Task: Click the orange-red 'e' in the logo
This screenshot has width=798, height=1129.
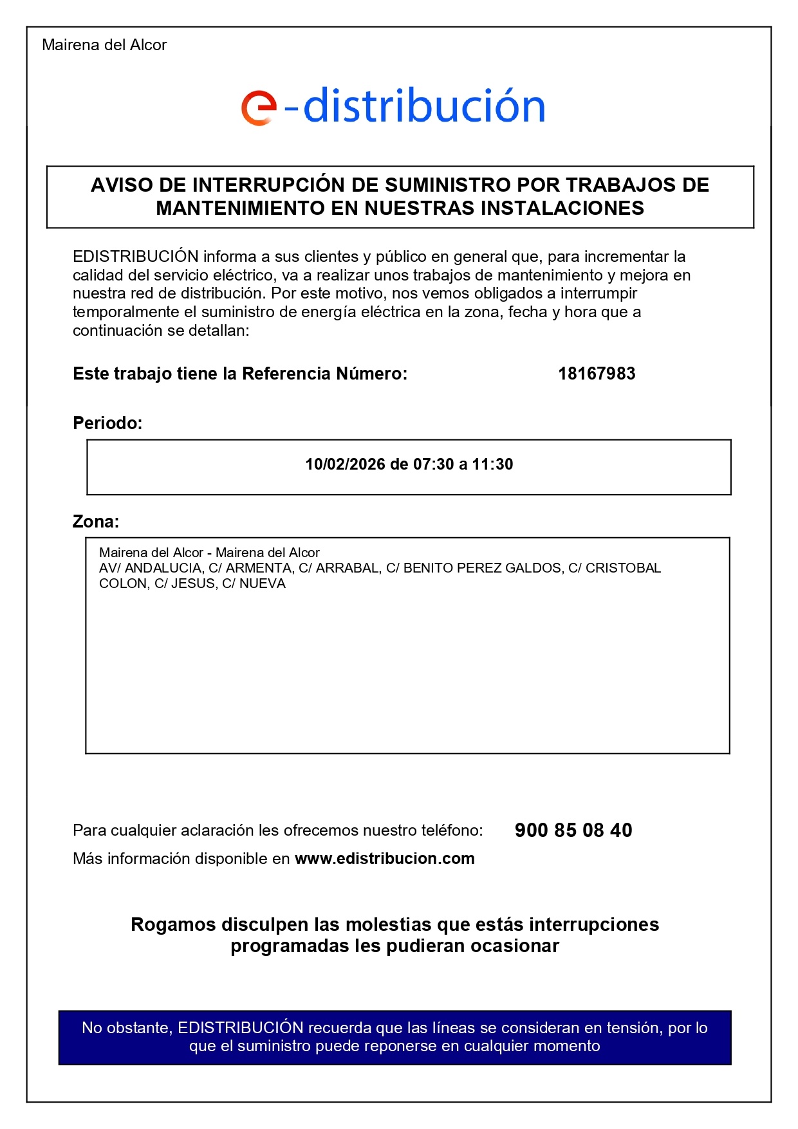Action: click(x=259, y=107)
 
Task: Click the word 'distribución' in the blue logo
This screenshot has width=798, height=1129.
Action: click(x=424, y=106)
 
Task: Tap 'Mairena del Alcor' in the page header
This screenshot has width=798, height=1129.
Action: click(x=104, y=45)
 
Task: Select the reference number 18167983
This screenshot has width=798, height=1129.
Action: click(x=596, y=374)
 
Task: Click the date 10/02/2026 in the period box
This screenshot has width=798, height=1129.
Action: click(x=345, y=464)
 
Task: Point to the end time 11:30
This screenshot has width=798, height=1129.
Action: click(x=492, y=464)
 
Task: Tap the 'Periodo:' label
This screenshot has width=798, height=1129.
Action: click(x=107, y=423)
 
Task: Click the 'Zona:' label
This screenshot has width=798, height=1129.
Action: click(x=96, y=522)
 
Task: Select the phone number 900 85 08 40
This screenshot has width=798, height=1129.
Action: click(x=573, y=831)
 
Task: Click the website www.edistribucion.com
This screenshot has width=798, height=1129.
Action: click(x=384, y=859)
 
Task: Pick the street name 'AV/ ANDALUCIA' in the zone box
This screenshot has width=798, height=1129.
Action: click(x=150, y=568)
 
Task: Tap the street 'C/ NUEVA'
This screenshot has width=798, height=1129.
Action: click(x=254, y=583)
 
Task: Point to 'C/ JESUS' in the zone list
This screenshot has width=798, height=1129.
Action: click(x=185, y=583)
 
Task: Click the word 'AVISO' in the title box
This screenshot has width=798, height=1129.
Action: click(x=122, y=185)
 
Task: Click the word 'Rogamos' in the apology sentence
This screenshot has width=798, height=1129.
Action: click(x=173, y=924)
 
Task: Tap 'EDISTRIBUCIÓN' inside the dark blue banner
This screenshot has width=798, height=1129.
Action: click(x=240, y=1028)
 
